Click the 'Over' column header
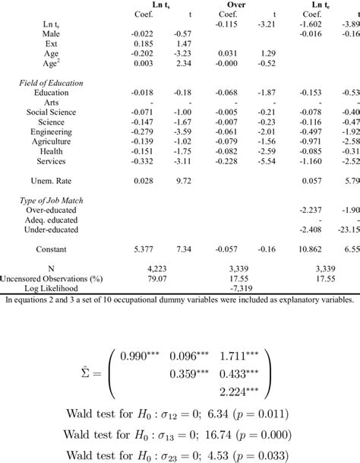pos(246,4)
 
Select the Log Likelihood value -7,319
pos(246,289)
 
